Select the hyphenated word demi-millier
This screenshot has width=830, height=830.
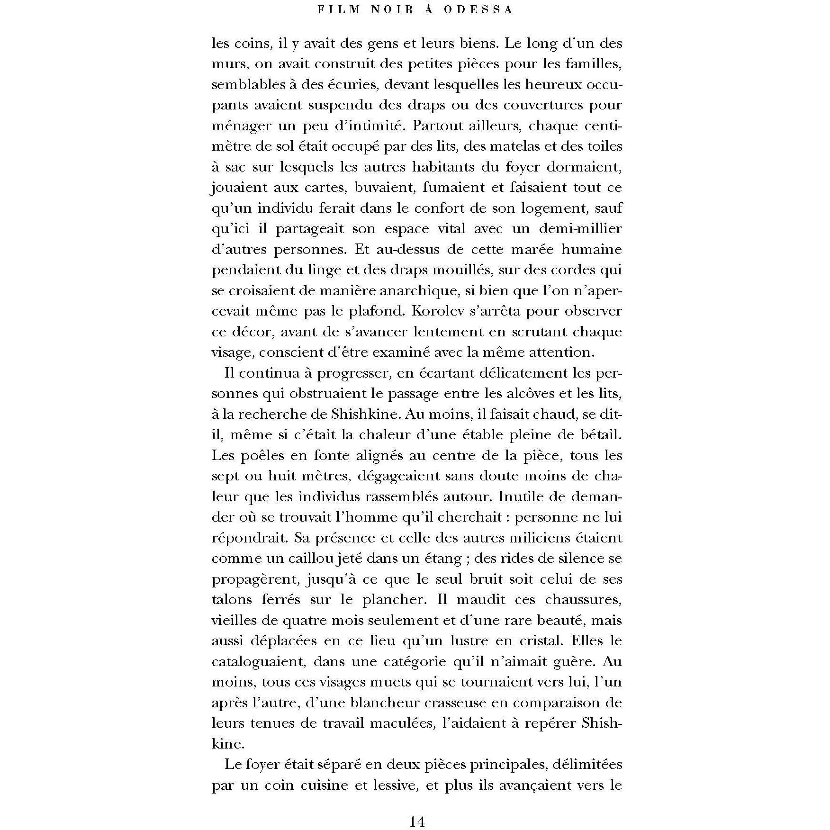tap(580, 229)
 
